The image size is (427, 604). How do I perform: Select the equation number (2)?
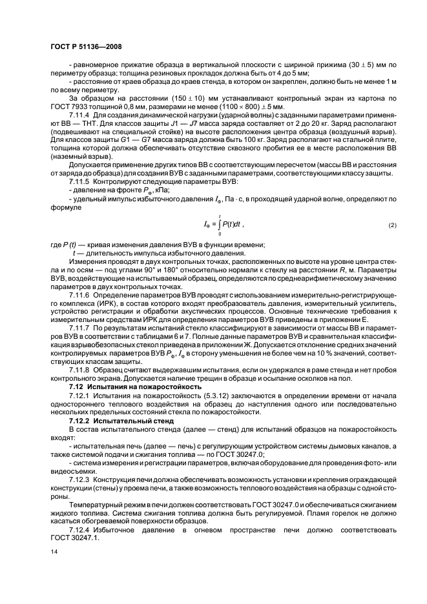(x=392, y=224)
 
